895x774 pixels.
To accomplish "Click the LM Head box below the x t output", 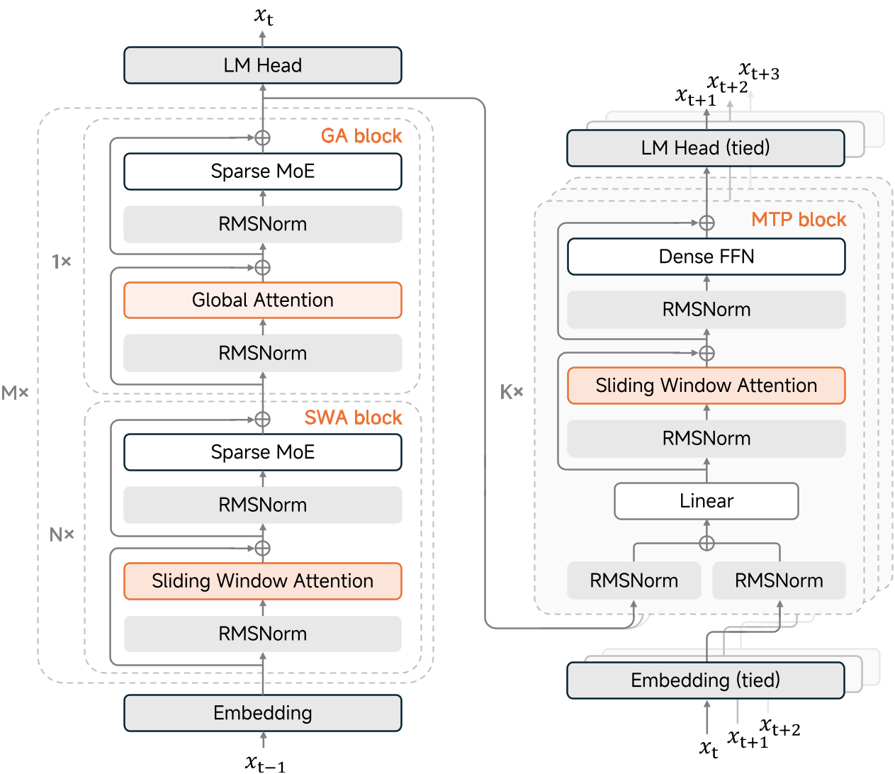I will [262, 65].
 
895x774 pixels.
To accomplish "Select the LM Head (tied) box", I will [705, 148].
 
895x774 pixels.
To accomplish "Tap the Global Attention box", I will [262, 300].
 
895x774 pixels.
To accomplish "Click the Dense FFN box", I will [706, 257].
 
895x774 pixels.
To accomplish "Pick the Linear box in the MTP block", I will [706, 501].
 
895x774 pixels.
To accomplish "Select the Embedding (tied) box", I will [705, 680].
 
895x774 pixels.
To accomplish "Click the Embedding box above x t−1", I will [262, 713].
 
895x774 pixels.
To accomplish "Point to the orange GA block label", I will [361, 136].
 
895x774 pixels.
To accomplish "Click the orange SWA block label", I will [353, 418].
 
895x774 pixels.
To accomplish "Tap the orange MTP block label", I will [799, 220].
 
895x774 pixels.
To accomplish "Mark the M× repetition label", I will [15, 393].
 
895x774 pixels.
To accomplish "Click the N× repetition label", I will [62, 535].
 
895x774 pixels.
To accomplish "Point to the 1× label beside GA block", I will [62, 262].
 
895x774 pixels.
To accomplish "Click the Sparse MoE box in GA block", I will [262, 172].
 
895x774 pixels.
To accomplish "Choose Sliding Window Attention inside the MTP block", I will [706, 386].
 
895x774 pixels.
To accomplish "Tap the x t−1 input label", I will [265, 763].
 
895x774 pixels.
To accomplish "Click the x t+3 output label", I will [759, 72].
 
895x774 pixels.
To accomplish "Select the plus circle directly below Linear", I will [707, 544].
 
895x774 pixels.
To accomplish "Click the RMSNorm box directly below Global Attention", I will [262, 353].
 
